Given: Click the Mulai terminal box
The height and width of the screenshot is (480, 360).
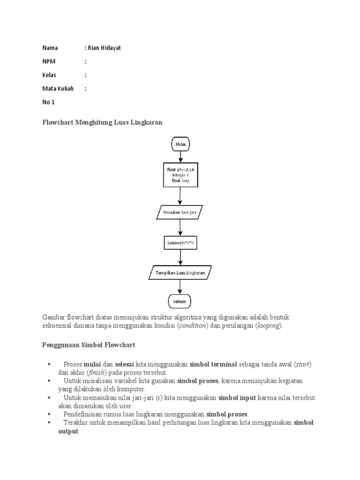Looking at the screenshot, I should pos(180,144).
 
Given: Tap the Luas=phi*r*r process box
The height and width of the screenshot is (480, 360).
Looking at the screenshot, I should pos(180,243).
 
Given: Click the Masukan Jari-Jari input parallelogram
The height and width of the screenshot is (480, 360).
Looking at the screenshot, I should pos(180,212).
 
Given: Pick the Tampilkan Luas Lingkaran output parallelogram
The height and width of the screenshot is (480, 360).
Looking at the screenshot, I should pos(180,273).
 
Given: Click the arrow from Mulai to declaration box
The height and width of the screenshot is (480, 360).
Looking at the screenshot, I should pos(180,157).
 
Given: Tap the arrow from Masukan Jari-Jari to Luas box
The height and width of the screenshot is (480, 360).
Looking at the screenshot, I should pos(180,227).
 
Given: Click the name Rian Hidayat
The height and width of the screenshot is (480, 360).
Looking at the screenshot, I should pos(104,48).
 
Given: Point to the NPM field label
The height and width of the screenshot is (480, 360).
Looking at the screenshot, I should pos(49,61).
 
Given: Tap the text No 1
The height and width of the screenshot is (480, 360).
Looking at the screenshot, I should pos(49,102).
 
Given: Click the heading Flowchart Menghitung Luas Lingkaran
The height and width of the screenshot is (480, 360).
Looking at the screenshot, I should pos(102,122).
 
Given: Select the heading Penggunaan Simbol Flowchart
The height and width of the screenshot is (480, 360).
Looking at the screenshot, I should pos(89,345).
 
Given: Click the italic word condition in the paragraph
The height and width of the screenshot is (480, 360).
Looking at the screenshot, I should pos(192,326).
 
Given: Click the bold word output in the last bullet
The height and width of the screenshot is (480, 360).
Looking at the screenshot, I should pos(68,431).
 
